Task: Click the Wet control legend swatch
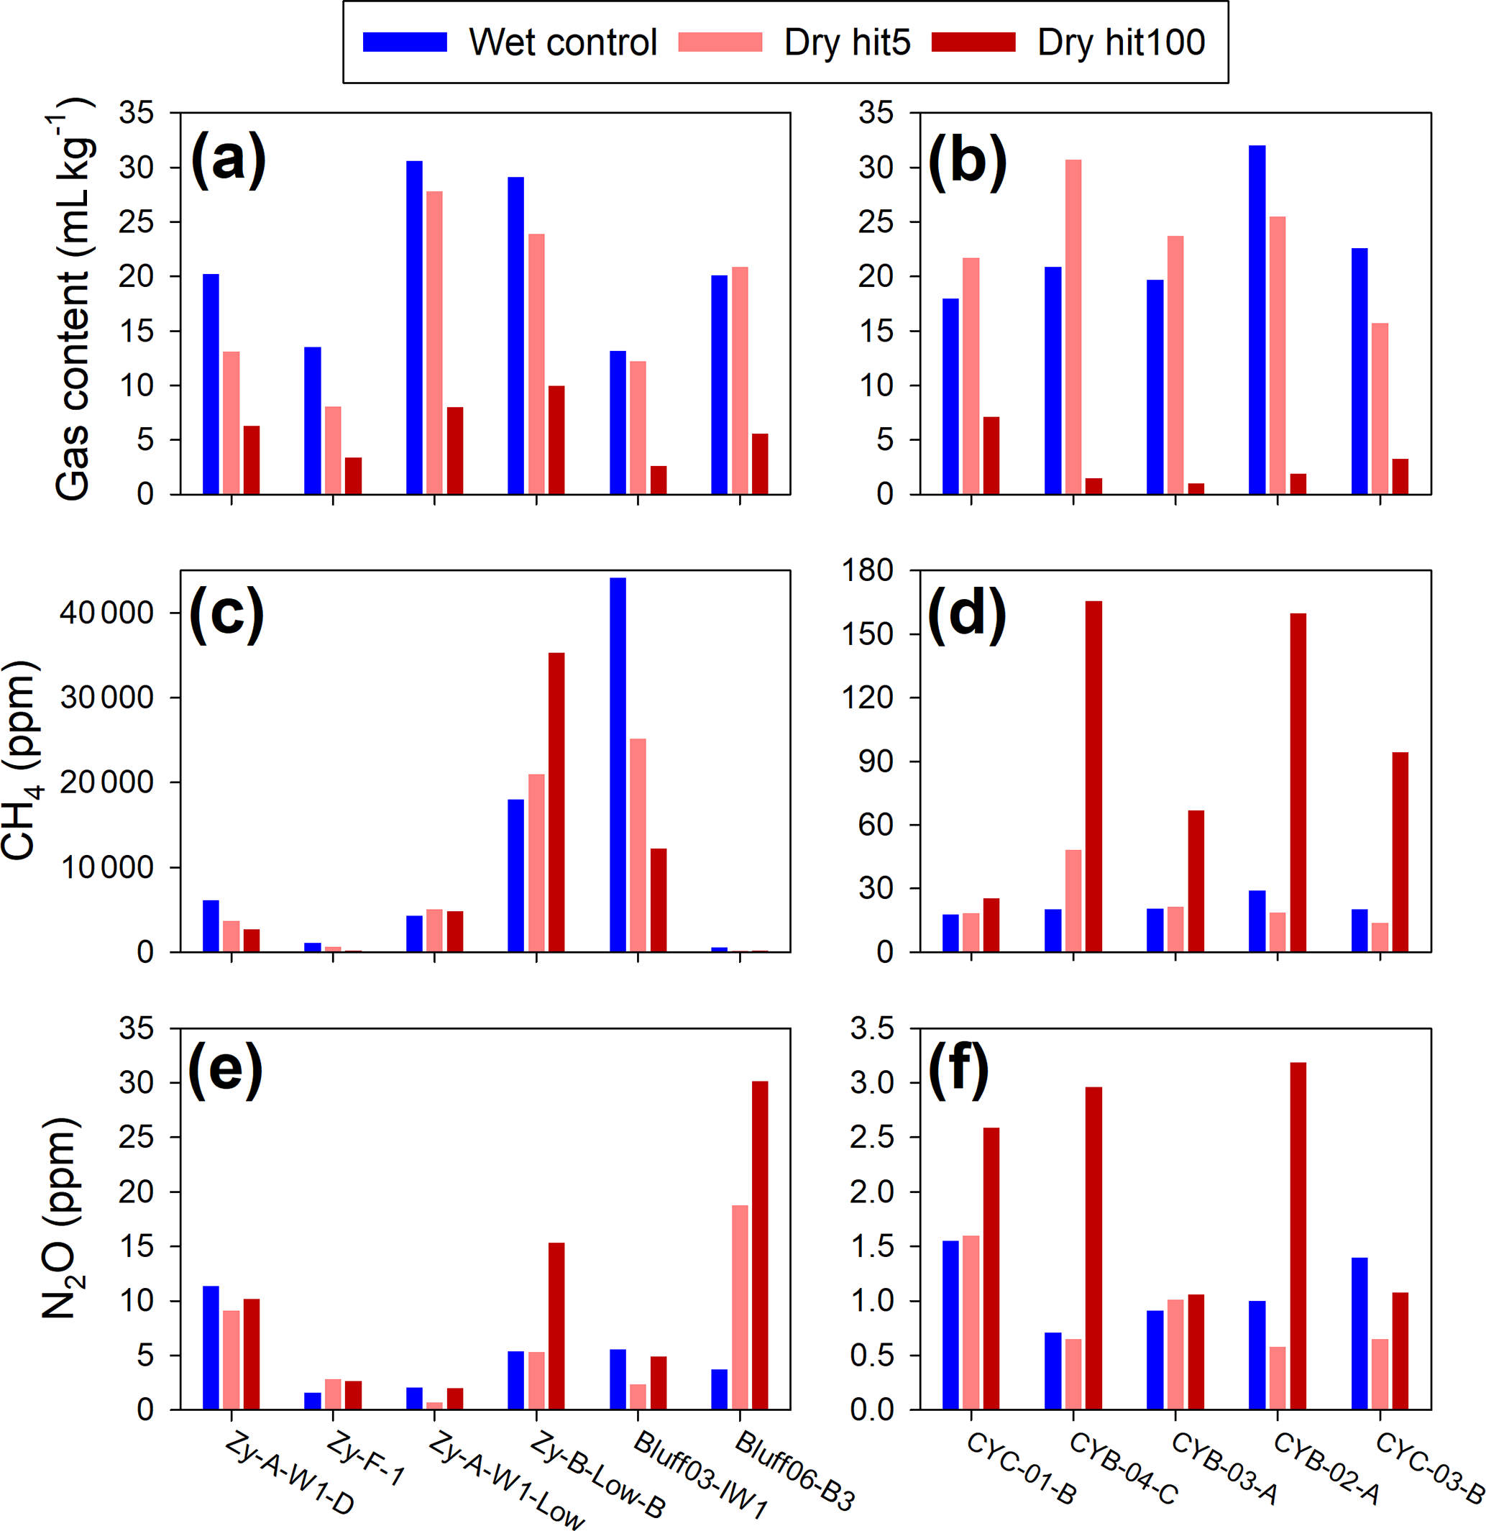point(405,42)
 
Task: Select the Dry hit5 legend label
point(848,42)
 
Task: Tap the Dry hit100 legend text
point(1121,42)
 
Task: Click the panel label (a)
point(228,160)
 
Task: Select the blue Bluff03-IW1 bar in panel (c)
point(618,764)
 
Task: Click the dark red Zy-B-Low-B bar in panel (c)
point(556,803)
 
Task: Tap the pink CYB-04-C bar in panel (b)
point(1073,326)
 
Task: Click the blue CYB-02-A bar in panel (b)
point(1257,319)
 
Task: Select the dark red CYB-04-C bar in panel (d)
point(1093,777)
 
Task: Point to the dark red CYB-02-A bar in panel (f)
point(1298,1235)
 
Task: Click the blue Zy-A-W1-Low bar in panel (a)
point(414,327)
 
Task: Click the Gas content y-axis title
point(72,301)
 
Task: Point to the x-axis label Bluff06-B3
point(795,1471)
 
